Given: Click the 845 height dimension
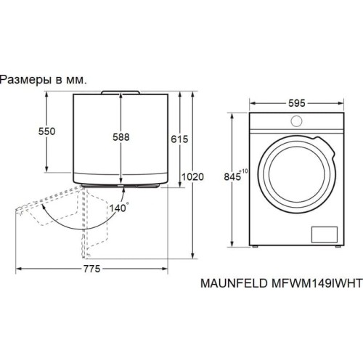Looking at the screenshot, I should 234,176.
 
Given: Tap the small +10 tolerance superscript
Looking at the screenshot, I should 245,171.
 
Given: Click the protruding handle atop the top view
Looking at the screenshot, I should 121,91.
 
